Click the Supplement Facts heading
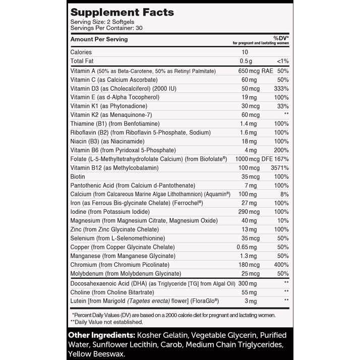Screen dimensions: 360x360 (122, 13)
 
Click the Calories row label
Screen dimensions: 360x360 (81, 52)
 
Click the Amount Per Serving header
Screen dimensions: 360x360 (99, 39)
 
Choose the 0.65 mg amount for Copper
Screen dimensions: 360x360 (248, 247)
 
